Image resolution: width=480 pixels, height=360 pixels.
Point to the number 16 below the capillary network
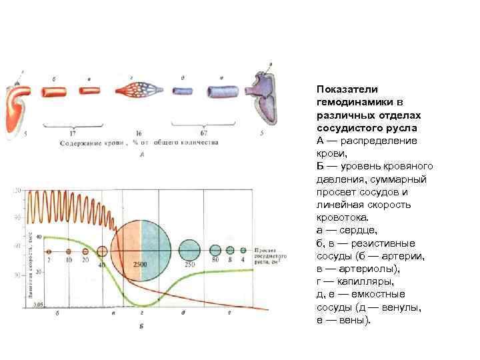click(139, 133)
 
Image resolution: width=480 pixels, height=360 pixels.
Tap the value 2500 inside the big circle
click(141, 265)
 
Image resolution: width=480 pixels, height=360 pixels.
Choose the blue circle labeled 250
click(189, 251)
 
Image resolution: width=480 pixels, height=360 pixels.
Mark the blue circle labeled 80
click(215, 251)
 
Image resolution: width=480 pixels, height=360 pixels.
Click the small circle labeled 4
click(243, 251)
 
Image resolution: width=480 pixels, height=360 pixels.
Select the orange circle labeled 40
click(102, 251)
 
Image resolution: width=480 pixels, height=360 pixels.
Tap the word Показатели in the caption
click(347, 90)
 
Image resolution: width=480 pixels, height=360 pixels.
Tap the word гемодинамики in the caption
click(355, 103)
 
